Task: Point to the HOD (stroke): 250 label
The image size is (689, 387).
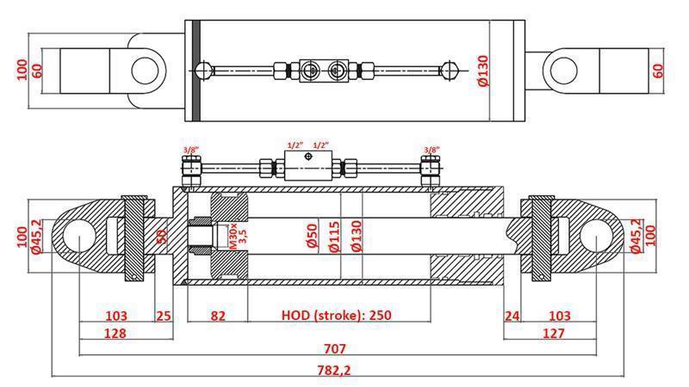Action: point(336,315)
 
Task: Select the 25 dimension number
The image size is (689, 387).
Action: point(164,315)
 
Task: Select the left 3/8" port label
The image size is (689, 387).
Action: point(191,150)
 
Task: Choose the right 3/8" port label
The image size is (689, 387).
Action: point(432,150)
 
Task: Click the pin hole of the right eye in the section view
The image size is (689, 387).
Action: point(597,235)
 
